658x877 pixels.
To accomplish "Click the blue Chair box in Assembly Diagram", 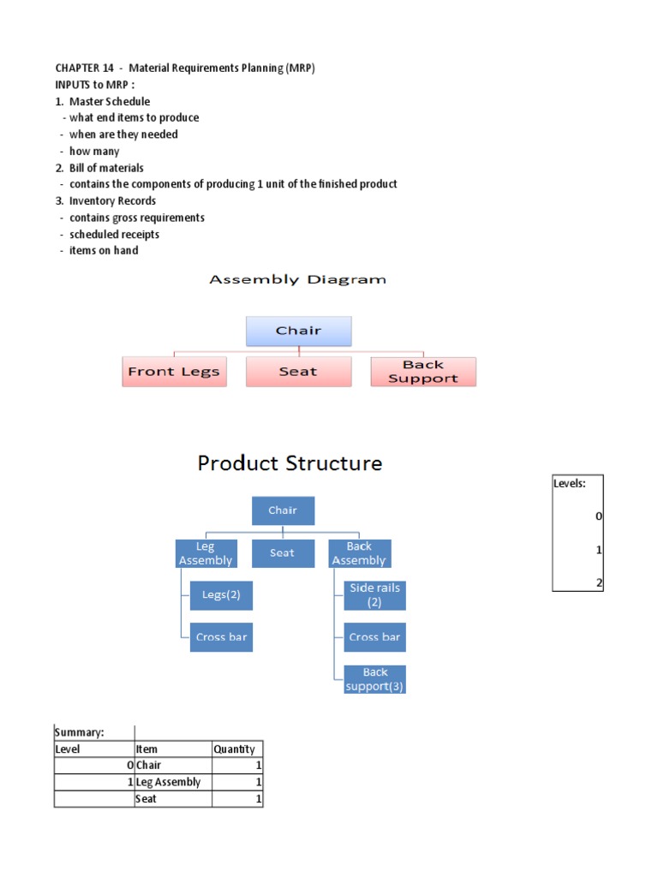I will [298, 331].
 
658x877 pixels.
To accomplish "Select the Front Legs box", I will [174, 372].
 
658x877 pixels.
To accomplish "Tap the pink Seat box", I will [298, 372].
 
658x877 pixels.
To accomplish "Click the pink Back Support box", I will [423, 372].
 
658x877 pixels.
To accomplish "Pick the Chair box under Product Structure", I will [283, 510].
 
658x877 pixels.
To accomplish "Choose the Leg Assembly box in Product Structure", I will [205, 553].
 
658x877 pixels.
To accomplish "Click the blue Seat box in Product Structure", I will [283, 553].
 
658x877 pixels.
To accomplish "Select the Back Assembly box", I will [359, 553].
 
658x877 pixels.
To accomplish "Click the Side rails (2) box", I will [374, 595].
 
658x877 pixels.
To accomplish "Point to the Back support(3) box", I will [374, 679].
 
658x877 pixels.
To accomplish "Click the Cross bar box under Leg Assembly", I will [221, 637].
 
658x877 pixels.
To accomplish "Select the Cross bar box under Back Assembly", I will [374, 637].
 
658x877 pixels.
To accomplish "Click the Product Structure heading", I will [290, 463].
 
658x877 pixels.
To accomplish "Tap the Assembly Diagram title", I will [298, 279].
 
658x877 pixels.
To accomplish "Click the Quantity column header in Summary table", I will [234, 749].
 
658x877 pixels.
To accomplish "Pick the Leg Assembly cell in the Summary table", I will [169, 782].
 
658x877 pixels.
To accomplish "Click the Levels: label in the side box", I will [570, 483].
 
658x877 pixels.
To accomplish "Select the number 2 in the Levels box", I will [599, 582].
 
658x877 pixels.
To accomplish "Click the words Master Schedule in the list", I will [110, 101].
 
